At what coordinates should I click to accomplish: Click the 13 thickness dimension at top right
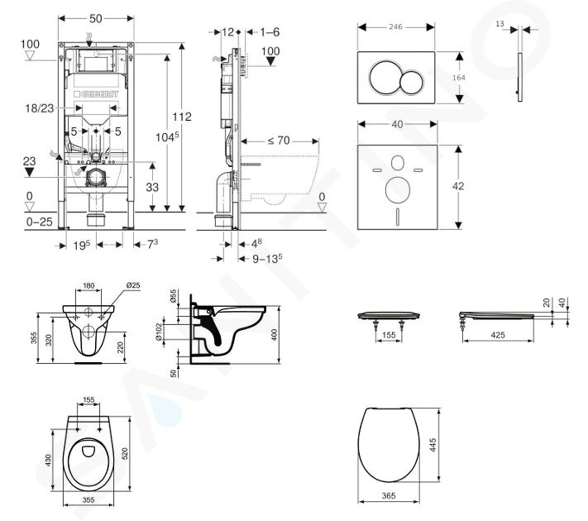[500, 26]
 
